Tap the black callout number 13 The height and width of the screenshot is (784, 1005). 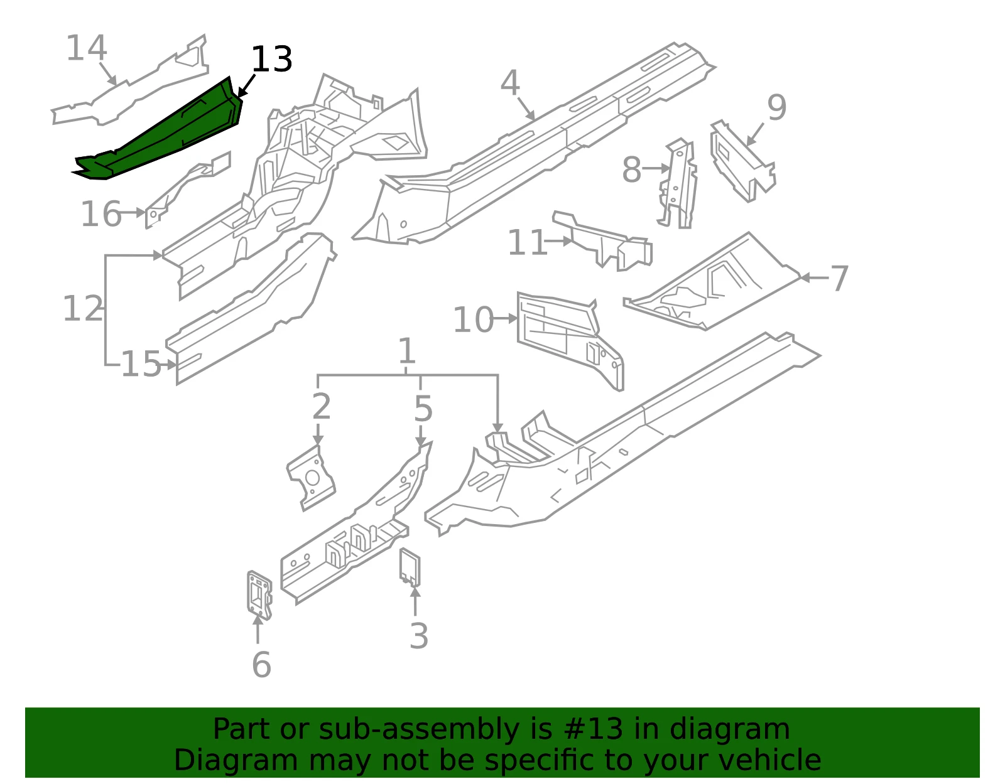click(x=271, y=59)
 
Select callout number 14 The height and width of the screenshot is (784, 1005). click(x=87, y=48)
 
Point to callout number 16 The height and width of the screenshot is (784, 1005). click(x=101, y=214)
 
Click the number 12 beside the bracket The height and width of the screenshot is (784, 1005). click(x=83, y=308)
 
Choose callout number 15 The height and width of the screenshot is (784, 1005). click(x=141, y=363)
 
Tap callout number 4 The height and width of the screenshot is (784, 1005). click(x=510, y=83)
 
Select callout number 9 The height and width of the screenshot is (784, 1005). click(x=776, y=107)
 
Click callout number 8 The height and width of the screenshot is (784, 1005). click(x=632, y=169)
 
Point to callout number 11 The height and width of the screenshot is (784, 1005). click(x=527, y=242)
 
